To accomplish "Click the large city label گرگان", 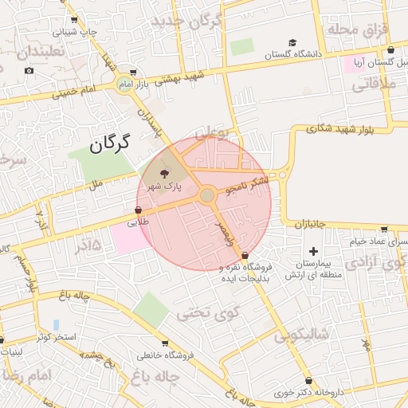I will tap(109, 145).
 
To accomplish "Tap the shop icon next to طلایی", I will tap(139, 210).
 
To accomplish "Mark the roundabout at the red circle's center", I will tap(206, 195).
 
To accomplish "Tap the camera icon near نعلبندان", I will tap(29, 70).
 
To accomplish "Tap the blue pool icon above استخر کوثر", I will tap(56, 324).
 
